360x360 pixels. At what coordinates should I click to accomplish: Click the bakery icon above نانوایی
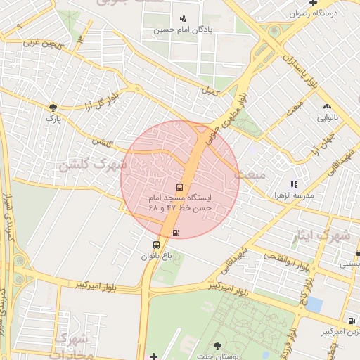(x=326, y=106)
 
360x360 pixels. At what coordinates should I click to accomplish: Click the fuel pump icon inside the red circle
(x=174, y=233)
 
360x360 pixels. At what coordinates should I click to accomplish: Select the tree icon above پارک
(x=53, y=108)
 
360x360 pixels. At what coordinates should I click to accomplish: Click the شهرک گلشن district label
(x=92, y=165)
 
